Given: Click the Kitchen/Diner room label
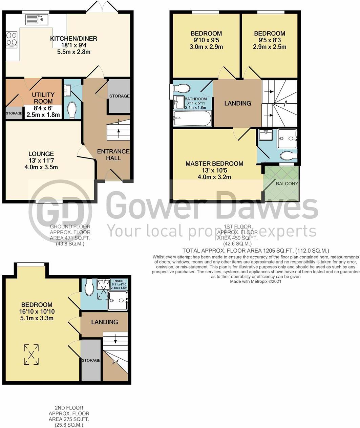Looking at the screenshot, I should click(x=73, y=39).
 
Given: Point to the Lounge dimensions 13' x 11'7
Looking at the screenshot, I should click(x=41, y=160).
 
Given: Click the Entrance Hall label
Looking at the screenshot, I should click(x=113, y=155).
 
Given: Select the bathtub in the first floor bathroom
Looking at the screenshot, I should click(x=192, y=119).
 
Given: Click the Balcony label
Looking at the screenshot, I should click(x=287, y=184).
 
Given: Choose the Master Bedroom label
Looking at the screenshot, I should click(x=214, y=164).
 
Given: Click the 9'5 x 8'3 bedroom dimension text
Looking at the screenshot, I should click(x=270, y=40).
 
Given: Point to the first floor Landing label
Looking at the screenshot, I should click(x=238, y=103).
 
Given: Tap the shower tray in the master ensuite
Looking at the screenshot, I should click(x=287, y=139).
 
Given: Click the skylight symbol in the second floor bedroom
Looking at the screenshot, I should click(x=31, y=355).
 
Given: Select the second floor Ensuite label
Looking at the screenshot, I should click(x=119, y=281).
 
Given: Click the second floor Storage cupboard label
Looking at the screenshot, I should click(x=91, y=360).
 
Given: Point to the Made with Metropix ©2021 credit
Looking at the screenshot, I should click(x=256, y=281).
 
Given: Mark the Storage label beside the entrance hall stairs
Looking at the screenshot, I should click(x=119, y=96).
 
